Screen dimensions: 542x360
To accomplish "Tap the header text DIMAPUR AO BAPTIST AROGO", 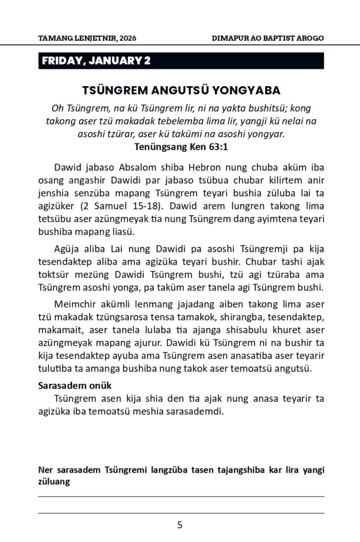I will pyautogui.click(x=267, y=39).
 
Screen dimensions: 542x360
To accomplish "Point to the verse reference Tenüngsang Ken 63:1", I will pyautogui.click(x=181, y=146).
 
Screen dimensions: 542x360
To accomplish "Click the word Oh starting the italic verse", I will pyautogui.click(x=57, y=109).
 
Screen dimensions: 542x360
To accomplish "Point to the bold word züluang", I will pyautogui.click(x=55, y=482).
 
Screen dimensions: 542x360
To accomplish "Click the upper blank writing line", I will pyautogui.click(x=181, y=496).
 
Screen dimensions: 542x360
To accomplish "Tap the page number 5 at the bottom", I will pyautogui.click(x=180, y=526).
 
